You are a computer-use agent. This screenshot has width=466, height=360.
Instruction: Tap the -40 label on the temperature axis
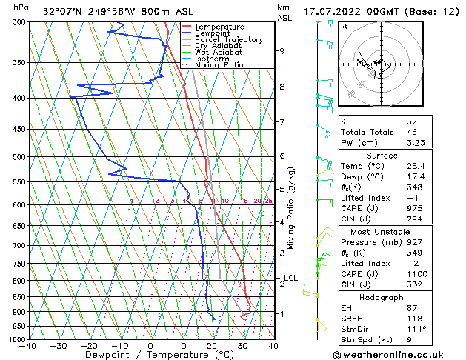pos(28,345)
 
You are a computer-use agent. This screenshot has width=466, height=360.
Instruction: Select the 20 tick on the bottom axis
pos(211,345)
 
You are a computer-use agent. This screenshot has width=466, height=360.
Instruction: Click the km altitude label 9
pos(282,51)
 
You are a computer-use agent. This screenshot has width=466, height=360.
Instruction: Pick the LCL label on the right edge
pos(290,279)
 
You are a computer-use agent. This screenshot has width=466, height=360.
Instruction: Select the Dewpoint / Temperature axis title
pos(150,355)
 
